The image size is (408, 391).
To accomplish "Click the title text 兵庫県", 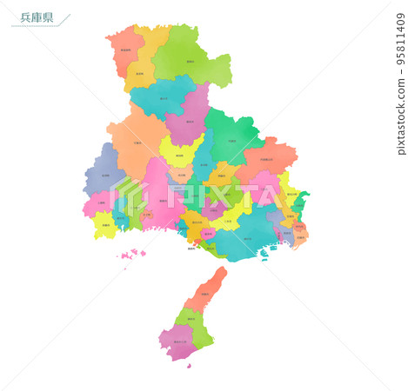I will tap(36, 17).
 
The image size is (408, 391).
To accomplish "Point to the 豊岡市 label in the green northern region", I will tap(191, 62).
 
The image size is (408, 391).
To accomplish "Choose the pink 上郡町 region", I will tap(99, 205).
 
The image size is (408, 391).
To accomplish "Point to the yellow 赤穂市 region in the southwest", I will tap(105, 226).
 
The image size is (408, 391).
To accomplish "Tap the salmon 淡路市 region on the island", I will tap(205, 294).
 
